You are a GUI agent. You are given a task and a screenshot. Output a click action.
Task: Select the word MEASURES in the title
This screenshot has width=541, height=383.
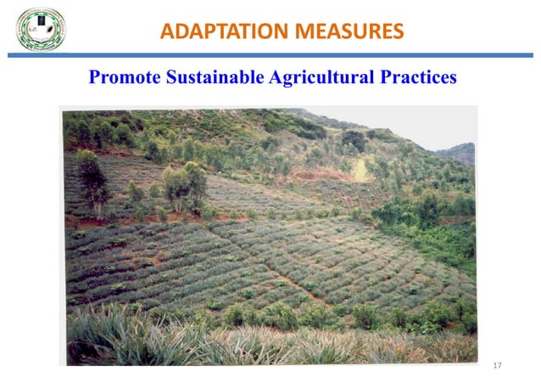[345, 32]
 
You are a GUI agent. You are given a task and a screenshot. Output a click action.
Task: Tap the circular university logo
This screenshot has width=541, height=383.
[41, 28]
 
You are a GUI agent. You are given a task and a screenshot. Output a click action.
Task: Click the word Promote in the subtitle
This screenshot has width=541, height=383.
[125, 78]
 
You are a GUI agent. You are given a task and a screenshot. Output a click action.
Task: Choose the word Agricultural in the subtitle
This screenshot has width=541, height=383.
[320, 78]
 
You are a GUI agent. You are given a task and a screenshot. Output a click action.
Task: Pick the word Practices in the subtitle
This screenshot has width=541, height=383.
[418, 78]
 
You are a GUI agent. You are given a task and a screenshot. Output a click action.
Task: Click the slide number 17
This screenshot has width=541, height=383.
[497, 365]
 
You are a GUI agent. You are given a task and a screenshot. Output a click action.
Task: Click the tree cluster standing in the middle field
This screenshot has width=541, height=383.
[185, 185]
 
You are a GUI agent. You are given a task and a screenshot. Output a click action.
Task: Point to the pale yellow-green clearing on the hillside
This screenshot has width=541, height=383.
[361, 170]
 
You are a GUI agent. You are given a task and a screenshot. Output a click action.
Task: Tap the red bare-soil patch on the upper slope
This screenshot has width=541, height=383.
[314, 174]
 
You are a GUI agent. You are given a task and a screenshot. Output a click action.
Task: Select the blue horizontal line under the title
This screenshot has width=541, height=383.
[270, 55]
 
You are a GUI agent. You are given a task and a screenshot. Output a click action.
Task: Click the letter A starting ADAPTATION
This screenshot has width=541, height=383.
[167, 32]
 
